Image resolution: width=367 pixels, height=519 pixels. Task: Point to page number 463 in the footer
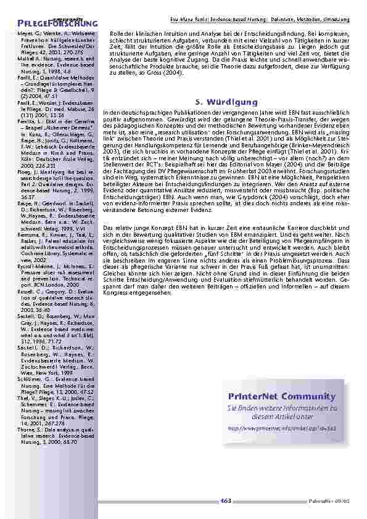click(225, 501)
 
